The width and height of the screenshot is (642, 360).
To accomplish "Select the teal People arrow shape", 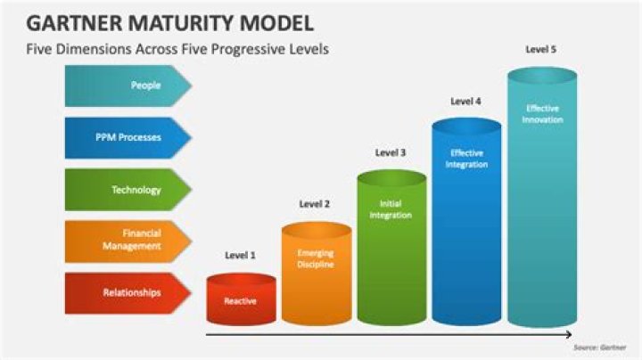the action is [x=128, y=86].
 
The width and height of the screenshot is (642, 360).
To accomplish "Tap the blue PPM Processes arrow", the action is [x=128, y=137].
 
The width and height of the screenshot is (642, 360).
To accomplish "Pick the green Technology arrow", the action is [x=128, y=190].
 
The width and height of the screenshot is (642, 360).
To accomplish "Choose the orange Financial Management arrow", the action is [x=128, y=241].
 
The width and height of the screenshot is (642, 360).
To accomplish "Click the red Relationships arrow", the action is [x=128, y=293].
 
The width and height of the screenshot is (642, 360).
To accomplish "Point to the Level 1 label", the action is [x=241, y=255].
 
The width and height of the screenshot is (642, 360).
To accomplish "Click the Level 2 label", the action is [x=315, y=204].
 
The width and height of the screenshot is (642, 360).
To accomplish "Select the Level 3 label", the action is [x=391, y=152].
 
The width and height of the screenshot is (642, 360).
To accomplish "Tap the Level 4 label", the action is [x=465, y=101].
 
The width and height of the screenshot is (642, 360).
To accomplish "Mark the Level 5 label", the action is [x=541, y=50].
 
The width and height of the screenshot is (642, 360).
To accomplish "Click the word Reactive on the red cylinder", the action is [x=241, y=301].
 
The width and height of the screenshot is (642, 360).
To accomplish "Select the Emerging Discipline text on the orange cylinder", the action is [x=316, y=258].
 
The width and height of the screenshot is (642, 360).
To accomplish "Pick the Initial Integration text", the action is [x=391, y=209].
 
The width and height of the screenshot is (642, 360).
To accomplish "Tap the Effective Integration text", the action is [x=466, y=159].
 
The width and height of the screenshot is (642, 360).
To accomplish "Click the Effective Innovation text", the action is [x=542, y=114].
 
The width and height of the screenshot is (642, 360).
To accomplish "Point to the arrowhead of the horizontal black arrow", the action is [x=569, y=335].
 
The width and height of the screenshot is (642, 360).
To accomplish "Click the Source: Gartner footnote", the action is [x=600, y=348].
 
